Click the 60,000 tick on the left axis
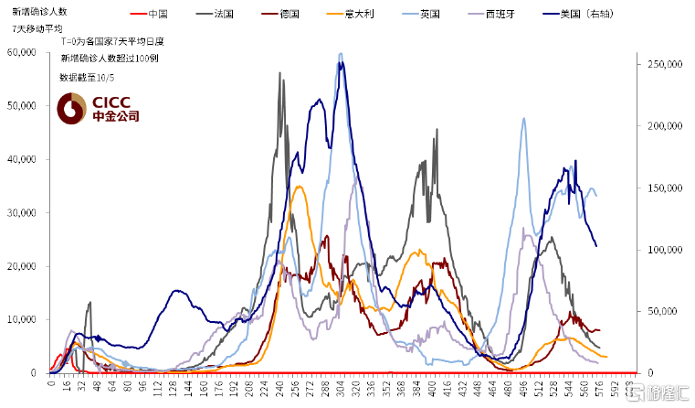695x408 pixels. [20, 53]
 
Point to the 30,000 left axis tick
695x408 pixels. [20, 213]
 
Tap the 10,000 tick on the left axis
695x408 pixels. [20, 319]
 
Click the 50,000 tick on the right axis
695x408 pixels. [662, 311]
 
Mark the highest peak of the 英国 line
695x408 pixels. [341, 54]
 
